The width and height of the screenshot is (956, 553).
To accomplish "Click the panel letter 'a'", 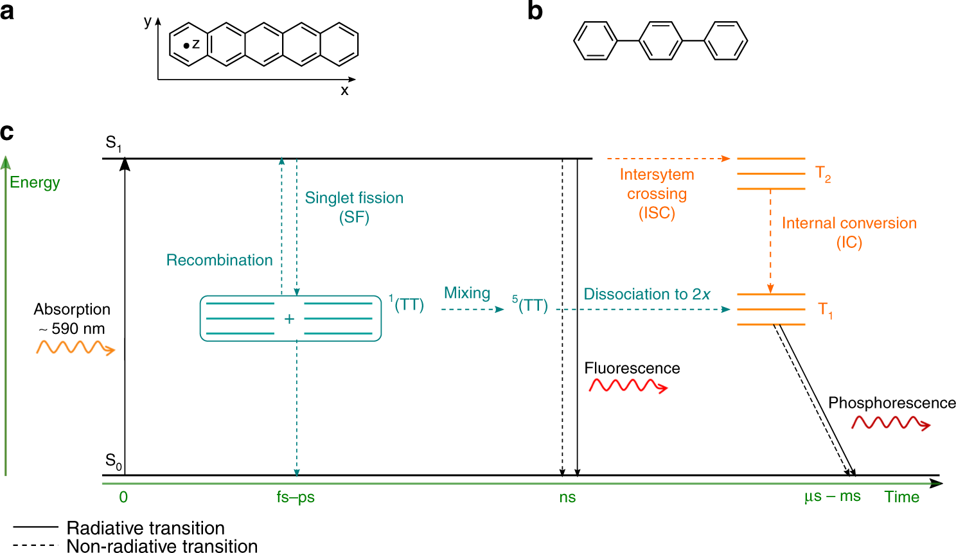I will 7,11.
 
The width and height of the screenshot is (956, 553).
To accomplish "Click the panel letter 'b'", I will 535,11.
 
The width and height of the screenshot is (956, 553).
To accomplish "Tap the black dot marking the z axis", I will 186,46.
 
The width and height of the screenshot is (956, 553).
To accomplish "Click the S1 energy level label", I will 113,143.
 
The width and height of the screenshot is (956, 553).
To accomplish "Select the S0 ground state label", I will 113,461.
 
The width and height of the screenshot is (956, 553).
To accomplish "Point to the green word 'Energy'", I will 35,182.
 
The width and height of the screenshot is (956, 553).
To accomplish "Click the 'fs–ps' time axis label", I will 296,497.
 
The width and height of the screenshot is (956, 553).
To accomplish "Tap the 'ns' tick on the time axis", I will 567,497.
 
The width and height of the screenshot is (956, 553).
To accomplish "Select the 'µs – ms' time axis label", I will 832,496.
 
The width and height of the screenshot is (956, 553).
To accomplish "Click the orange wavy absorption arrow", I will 75,348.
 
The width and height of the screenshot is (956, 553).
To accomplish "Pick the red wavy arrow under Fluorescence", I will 628,385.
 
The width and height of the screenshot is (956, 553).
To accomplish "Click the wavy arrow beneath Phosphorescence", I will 890,423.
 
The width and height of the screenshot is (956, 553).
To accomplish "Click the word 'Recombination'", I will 219,260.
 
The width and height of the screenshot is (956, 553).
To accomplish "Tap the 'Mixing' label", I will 467,293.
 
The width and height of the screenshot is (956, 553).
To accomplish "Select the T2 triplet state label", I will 823,173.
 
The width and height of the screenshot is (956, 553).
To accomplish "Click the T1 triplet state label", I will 825,310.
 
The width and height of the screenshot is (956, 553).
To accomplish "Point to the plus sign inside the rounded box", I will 289,319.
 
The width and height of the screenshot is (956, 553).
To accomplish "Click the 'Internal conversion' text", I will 849,224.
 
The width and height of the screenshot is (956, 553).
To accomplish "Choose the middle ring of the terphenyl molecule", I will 660,41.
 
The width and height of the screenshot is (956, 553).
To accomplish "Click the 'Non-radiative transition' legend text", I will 162,546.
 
